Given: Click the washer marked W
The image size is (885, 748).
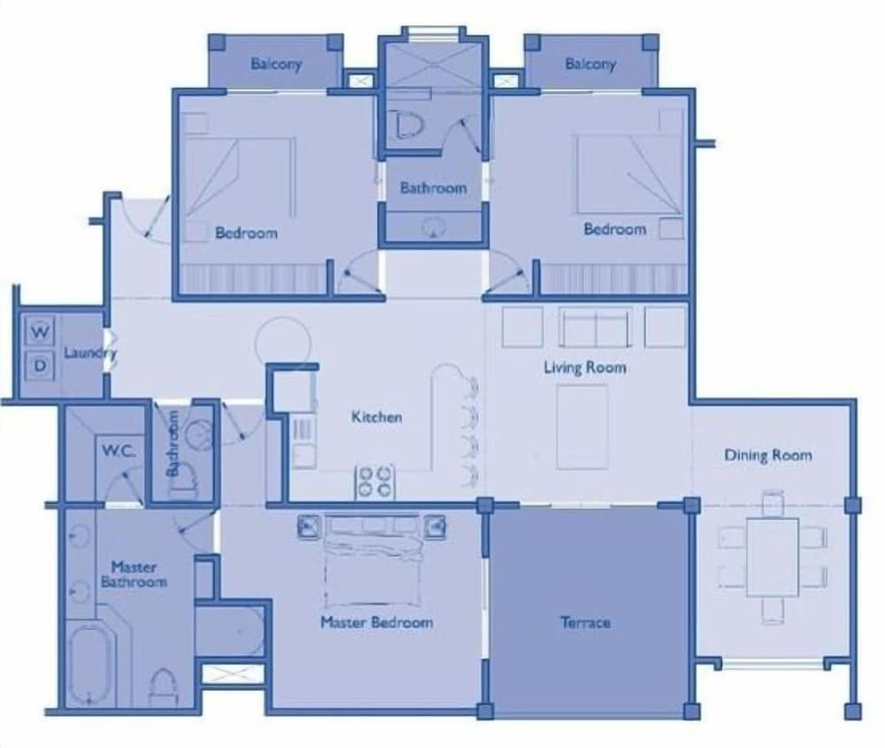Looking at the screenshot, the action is pyautogui.click(x=40, y=331).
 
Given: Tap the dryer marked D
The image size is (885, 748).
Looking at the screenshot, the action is pyautogui.click(x=40, y=366).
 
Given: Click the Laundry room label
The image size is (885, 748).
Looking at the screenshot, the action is pyautogui.click(x=89, y=353).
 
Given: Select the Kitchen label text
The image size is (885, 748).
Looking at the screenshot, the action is pyautogui.click(x=376, y=417).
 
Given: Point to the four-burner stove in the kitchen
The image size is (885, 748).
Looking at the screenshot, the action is pyautogui.click(x=374, y=482).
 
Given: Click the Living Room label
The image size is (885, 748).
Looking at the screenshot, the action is pyautogui.click(x=585, y=367).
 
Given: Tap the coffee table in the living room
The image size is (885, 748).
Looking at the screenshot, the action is pyautogui.click(x=582, y=428).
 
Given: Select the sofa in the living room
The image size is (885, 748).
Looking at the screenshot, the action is pyautogui.click(x=596, y=328).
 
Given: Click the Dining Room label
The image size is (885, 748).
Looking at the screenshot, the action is pyautogui.click(x=768, y=455).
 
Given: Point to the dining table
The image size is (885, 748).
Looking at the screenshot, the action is pyautogui.click(x=773, y=558).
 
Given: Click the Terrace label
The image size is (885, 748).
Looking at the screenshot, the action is pyautogui.click(x=585, y=622).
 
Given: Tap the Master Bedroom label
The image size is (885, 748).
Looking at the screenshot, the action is pyautogui.click(x=376, y=622).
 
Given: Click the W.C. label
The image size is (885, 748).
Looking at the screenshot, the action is pyautogui.click(x=119, y=451).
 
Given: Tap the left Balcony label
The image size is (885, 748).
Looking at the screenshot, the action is pyautogui.click(x=276, y=64).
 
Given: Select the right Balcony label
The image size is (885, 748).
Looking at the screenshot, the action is pyautogui.click(x=590, y=64).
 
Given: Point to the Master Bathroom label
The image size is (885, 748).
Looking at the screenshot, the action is pyautogui.click(x=134, y=574).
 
